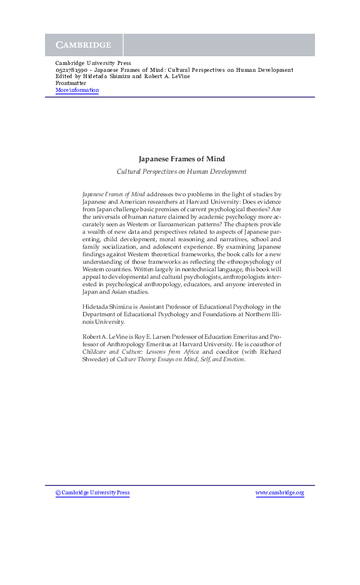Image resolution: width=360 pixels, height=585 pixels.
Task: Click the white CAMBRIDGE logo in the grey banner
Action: pyautogui.click(x=83, y=45)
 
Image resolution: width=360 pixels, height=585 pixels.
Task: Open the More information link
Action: pyautogui.click(x=77, y=90)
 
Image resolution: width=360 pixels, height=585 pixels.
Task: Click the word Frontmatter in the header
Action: pyautogui.click(x=70, y=83)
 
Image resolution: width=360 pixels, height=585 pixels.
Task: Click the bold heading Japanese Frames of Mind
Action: pyautogui.click(x=181, y=159)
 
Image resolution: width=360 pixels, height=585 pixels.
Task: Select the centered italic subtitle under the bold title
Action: pyautogui.click(x=181, y=171)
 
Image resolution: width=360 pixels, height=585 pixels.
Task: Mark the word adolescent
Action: pyautogui.click(x=214, y=247)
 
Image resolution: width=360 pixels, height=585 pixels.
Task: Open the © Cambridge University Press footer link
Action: pyautogui.click(x=92, y=493)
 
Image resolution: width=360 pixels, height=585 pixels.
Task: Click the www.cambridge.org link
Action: pyautogui.click(x=279, y=493)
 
